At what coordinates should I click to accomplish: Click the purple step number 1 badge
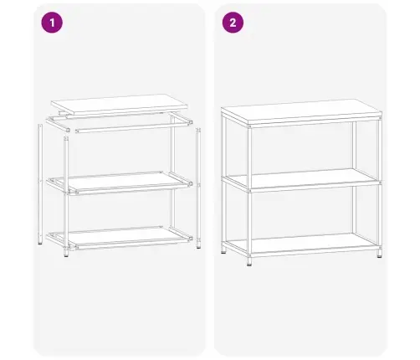52,23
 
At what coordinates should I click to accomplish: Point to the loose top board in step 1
122,103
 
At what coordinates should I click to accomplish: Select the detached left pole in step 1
40,184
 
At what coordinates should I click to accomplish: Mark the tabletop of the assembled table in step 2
300,116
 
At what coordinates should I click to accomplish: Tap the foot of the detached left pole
40,244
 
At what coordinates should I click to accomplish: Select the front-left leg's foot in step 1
69,253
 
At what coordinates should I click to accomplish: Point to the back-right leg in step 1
173,176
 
